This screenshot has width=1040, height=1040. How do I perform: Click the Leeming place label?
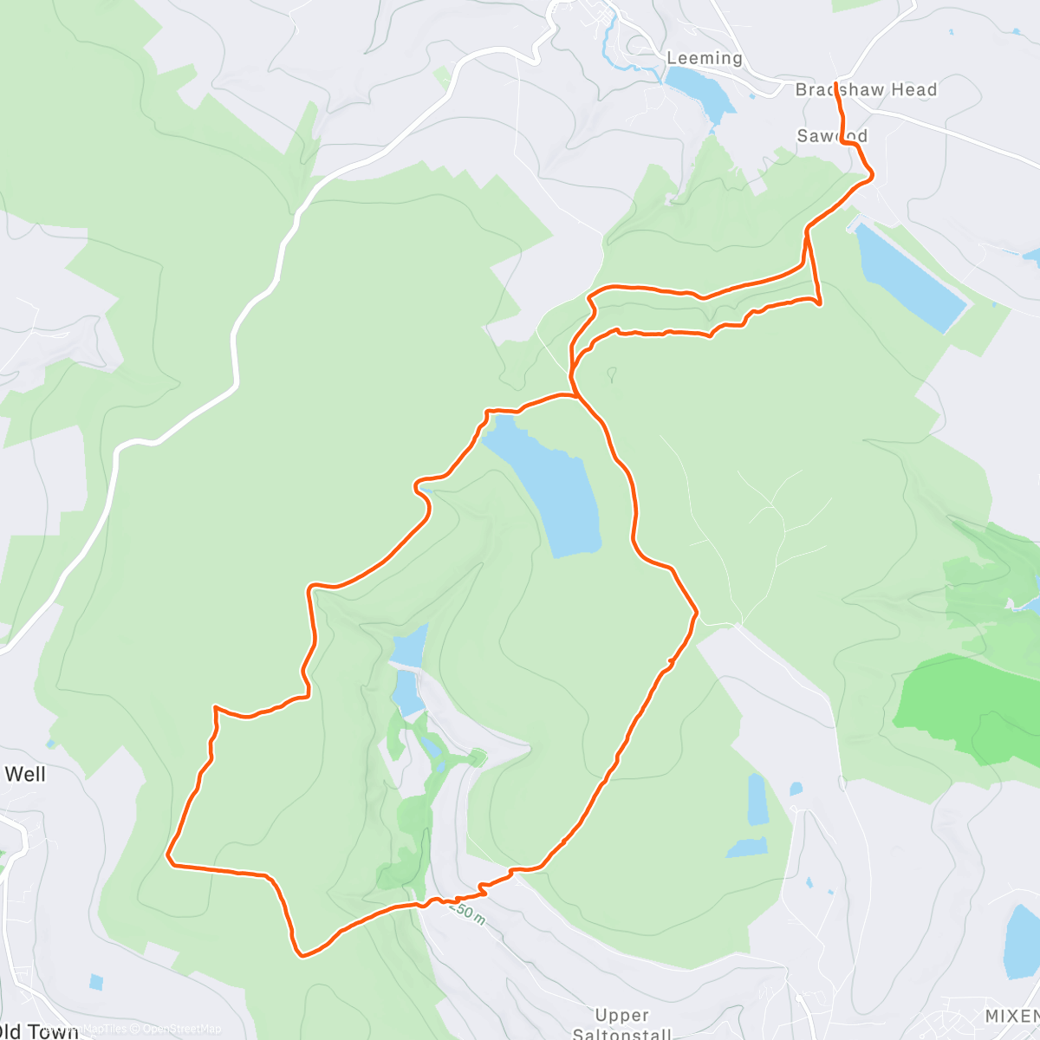(x=704, y=58)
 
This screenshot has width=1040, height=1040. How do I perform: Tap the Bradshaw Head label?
(x=866, y=89)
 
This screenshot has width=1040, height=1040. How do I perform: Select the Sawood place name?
(x=832, y=136)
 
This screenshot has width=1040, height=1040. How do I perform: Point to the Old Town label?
(x=38, y=1030)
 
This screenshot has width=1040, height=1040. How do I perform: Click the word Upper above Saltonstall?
(x=621, y=1015)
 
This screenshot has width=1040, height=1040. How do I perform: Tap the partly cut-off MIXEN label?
(x=1011, y=1015)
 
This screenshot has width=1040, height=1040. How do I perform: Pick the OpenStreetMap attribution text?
(x=181, y=1029)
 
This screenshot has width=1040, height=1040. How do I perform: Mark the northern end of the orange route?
(x=835, y=83)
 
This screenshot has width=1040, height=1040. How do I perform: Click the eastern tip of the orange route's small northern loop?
(x=819, y=301)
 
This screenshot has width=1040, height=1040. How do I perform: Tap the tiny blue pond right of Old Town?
(x=95, y=982)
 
